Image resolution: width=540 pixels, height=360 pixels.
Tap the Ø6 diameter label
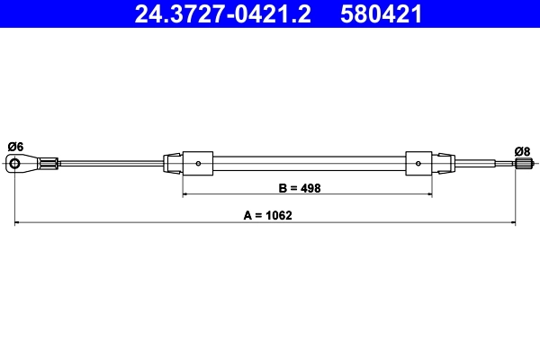15,147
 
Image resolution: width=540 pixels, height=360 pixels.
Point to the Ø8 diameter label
523,150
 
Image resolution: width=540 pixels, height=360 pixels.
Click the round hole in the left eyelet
15,164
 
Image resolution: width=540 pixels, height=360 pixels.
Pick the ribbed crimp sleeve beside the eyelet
50,163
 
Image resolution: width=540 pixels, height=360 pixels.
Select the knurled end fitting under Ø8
524,163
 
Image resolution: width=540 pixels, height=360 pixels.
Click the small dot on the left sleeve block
198,164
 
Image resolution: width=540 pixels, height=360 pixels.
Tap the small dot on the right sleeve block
418,164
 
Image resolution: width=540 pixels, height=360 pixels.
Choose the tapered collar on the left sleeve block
173,164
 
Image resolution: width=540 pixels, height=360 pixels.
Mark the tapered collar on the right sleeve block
443,164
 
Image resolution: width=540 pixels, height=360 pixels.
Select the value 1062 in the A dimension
281,216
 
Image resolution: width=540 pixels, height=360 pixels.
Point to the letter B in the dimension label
283,189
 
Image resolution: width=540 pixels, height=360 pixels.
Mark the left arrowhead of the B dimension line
186,194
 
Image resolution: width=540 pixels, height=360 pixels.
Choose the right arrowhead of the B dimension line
428,194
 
